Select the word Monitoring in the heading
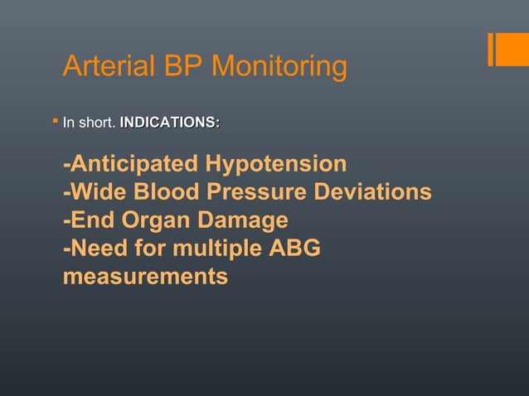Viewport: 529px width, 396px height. coord(282,68)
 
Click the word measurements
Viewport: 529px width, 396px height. coord(145,276)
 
